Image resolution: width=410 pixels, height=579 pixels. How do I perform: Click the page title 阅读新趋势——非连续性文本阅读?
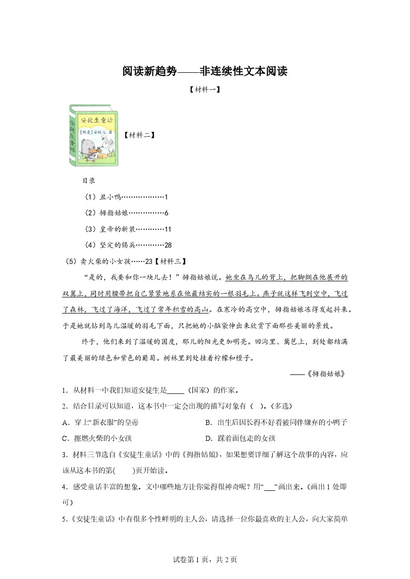(205, 71)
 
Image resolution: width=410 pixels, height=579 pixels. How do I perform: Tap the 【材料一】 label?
(205, 90)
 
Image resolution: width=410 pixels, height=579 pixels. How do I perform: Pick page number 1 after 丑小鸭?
(166, 197)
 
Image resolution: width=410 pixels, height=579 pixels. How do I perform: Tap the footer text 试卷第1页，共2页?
(205, 560)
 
